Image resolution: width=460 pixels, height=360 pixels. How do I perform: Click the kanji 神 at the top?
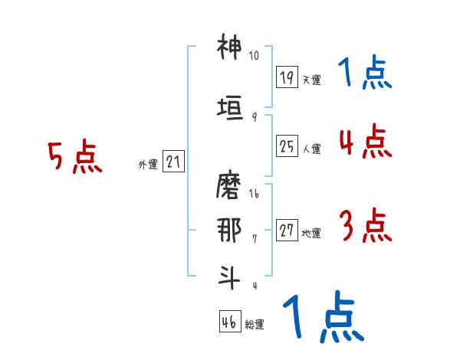coord(229,47)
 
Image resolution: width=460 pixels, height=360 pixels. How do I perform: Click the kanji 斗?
coord(229,276)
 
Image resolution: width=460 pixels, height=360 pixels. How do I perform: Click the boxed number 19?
coord(287,77)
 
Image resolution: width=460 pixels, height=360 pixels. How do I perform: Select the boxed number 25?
coord(287,146)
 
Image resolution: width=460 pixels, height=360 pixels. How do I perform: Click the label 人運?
coord(311,149)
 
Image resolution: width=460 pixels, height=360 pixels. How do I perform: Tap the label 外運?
coord(148,164)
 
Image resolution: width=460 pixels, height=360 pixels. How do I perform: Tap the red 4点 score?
coord(364,142)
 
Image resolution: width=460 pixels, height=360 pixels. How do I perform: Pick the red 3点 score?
coord(364,227)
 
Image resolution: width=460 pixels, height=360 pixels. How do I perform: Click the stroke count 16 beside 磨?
coord(255,195)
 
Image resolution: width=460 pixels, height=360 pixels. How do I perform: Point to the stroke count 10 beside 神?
coord(255,56)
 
